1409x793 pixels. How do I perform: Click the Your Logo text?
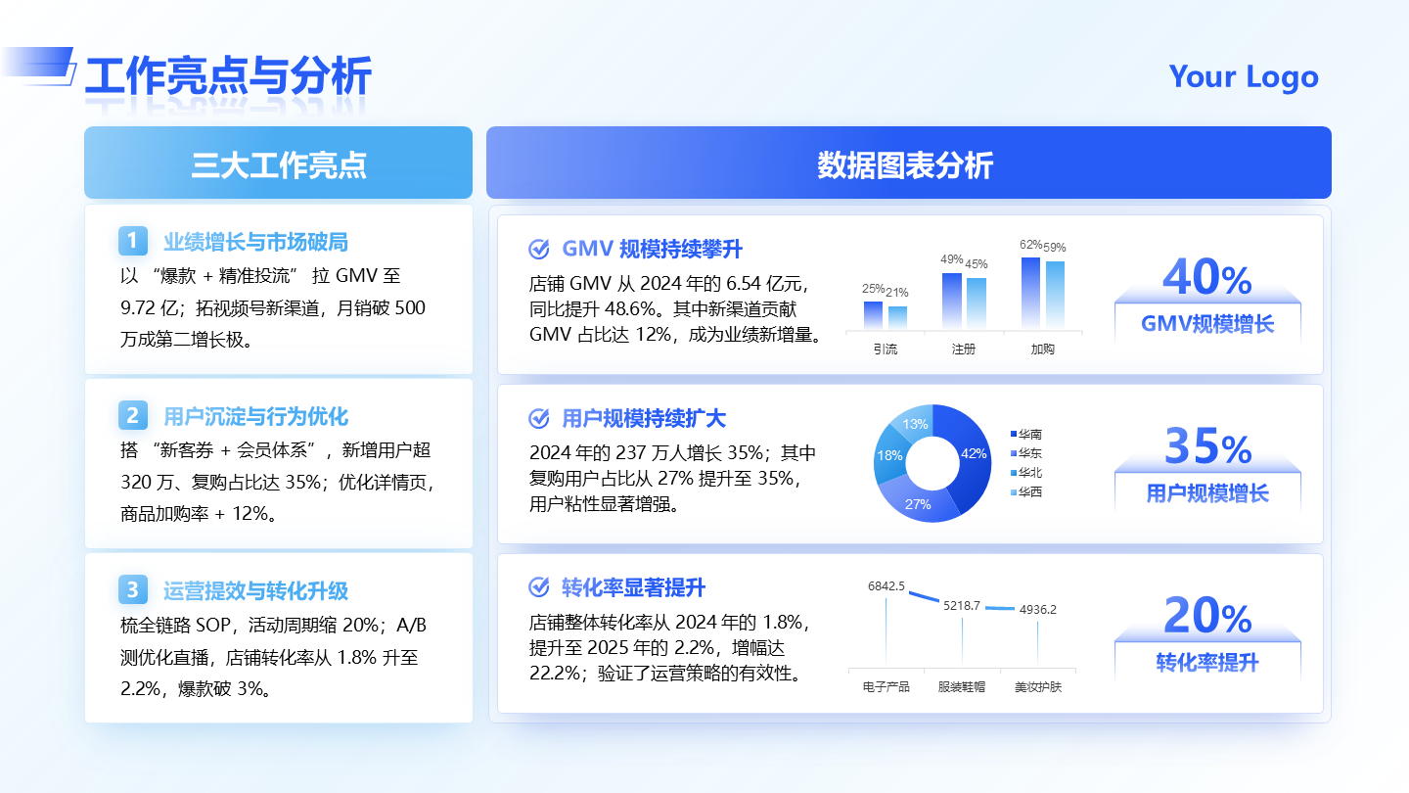tap(1243, 76)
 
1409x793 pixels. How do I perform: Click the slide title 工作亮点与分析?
tap(228, 76)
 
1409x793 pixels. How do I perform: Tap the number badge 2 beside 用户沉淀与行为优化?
tap(132, 415)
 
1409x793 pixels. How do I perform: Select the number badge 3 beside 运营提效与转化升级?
tap(132, 589)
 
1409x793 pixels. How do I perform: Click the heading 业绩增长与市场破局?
tap(255, 242)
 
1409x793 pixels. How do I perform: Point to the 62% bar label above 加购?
tap(1030, 245)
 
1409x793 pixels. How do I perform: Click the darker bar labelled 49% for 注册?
tap(951, 301)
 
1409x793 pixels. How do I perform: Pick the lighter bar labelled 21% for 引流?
tap(897, 317)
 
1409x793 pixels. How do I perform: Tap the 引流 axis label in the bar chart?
tap(885, 349)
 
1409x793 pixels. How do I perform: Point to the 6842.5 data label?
tap(886, 586)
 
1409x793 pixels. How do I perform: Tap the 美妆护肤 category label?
tap(1037, 687)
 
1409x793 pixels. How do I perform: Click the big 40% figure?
tap(1206, 278)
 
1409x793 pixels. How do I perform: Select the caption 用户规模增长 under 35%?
tap(1206, 493)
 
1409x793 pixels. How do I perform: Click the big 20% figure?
tap(1206, 617)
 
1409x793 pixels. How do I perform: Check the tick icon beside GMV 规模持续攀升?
tap(538, 249)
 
